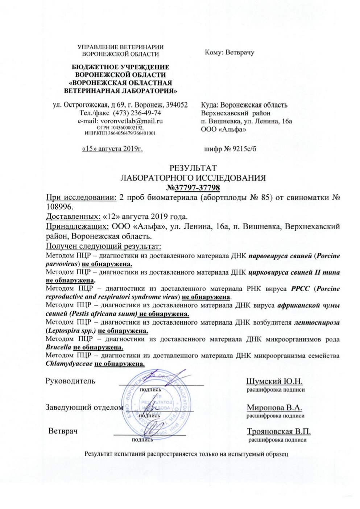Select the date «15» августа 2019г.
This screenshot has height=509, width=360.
click(112, 149)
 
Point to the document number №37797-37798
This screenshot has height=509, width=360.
click(193, 188)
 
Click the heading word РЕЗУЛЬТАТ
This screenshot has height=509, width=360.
click(193, 168)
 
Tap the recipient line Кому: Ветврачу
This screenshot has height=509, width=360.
click(229, 52)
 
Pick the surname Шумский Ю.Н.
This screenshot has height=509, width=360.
click(274, 381)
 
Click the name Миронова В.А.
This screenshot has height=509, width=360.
click(274, 407)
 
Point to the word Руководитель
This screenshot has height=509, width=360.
click(70, 381)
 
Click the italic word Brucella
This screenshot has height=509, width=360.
click(58, 347)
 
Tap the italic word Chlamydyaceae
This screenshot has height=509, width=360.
click(69, 364)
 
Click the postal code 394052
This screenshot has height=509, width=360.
click(176, 105)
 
